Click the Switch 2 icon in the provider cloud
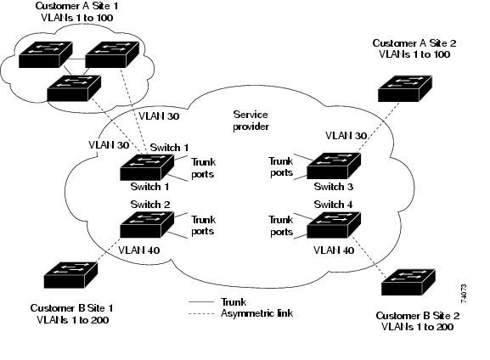coord(147,224)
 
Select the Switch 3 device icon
coord(334,166)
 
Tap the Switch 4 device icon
coord(334,225)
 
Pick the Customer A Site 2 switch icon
coord(405,88)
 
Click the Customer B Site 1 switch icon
coord(71,275)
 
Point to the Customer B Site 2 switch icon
coord(408,282)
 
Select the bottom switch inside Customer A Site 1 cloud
coord(74,88)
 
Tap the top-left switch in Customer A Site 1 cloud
coord(46,54)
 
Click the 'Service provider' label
coord(251,121)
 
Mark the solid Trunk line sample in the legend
coord(201,302)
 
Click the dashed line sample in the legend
coord(201,313)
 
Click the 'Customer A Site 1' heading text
coord(76,6)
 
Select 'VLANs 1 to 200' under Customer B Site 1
coord(72,320)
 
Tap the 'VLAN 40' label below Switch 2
coord(139,250)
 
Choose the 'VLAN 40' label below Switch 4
coord(334,250)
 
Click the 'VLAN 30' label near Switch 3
coord(346,136)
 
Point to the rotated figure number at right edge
coord(464,294)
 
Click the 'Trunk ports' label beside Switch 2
coord(203,225)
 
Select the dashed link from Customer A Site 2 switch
coord(378,127)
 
